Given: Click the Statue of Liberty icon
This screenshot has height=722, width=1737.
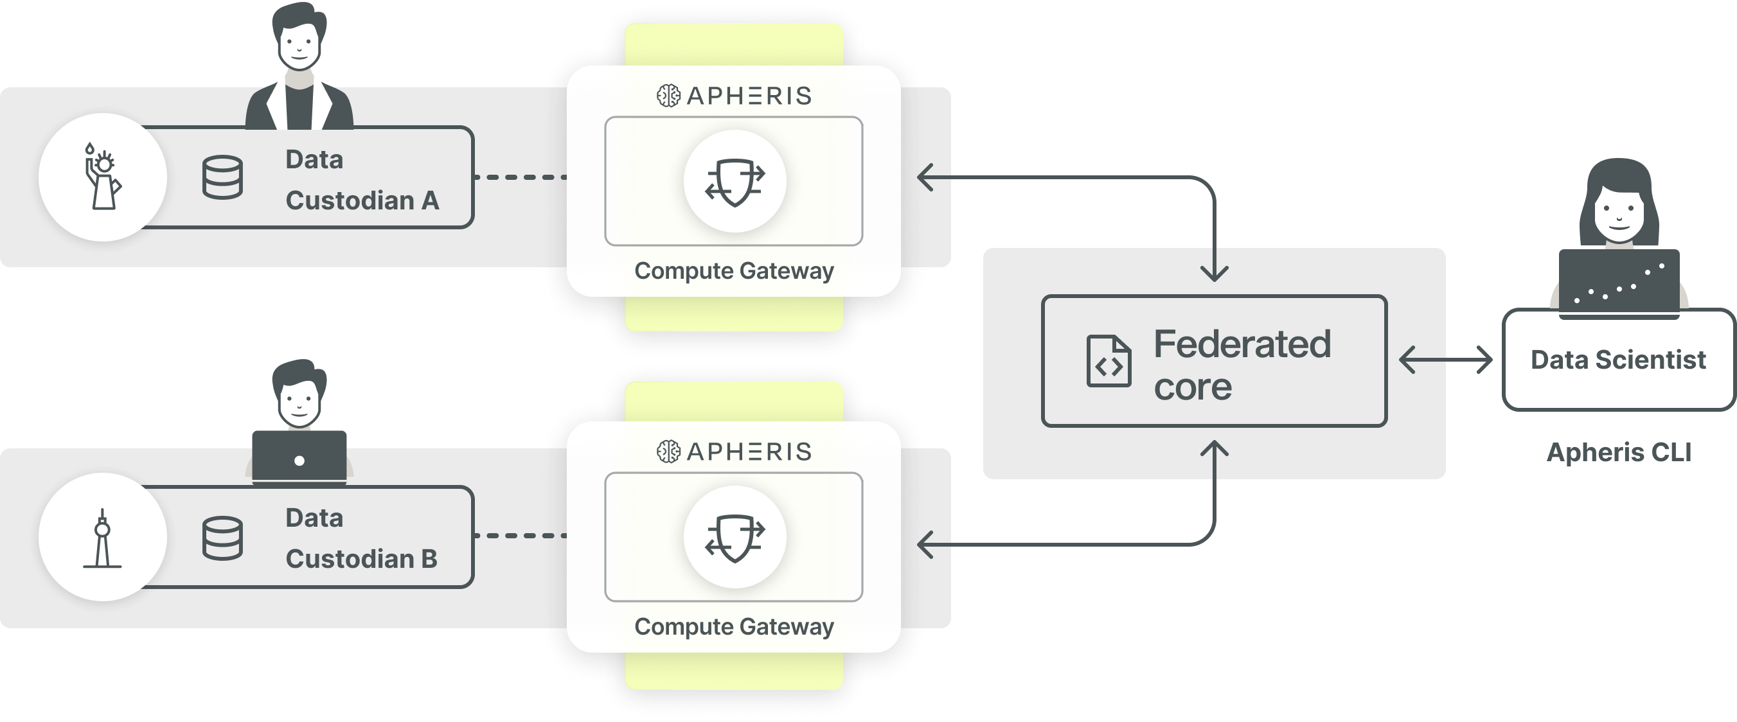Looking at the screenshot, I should [x=102, y=177].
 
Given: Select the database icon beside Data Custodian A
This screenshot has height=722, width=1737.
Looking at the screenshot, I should [x=222, y=177].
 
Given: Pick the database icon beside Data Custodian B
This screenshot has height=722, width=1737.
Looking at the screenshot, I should [x=222, y=538].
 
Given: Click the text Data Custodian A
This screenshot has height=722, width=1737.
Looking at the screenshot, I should [x=361, y=180].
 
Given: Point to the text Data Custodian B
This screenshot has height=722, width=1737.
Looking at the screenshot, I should [x=361, y=539].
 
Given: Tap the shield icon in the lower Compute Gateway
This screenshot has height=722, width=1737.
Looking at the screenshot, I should [x=735, y=538].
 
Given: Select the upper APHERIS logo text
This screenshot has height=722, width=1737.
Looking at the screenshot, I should [x=749, y=96].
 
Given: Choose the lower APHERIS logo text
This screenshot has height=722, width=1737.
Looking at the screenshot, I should [x=749, y=452].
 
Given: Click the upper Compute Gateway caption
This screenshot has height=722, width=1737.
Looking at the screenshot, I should [x=734, y=271].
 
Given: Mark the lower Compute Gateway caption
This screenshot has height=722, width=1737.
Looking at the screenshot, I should [x=734, y=627].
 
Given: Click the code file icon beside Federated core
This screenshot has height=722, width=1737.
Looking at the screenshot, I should [x=1109, y=362].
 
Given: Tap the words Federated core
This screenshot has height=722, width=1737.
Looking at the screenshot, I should [x=1242, y=364].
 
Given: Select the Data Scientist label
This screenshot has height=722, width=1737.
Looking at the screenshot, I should [x=1617, y=360].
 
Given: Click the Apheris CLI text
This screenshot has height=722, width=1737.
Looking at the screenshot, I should [x=1618, y=452].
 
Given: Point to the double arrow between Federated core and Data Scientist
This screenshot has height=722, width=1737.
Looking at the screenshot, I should [x=1446, y=360].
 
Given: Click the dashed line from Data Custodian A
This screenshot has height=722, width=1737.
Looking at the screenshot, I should [x=521, y=177].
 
